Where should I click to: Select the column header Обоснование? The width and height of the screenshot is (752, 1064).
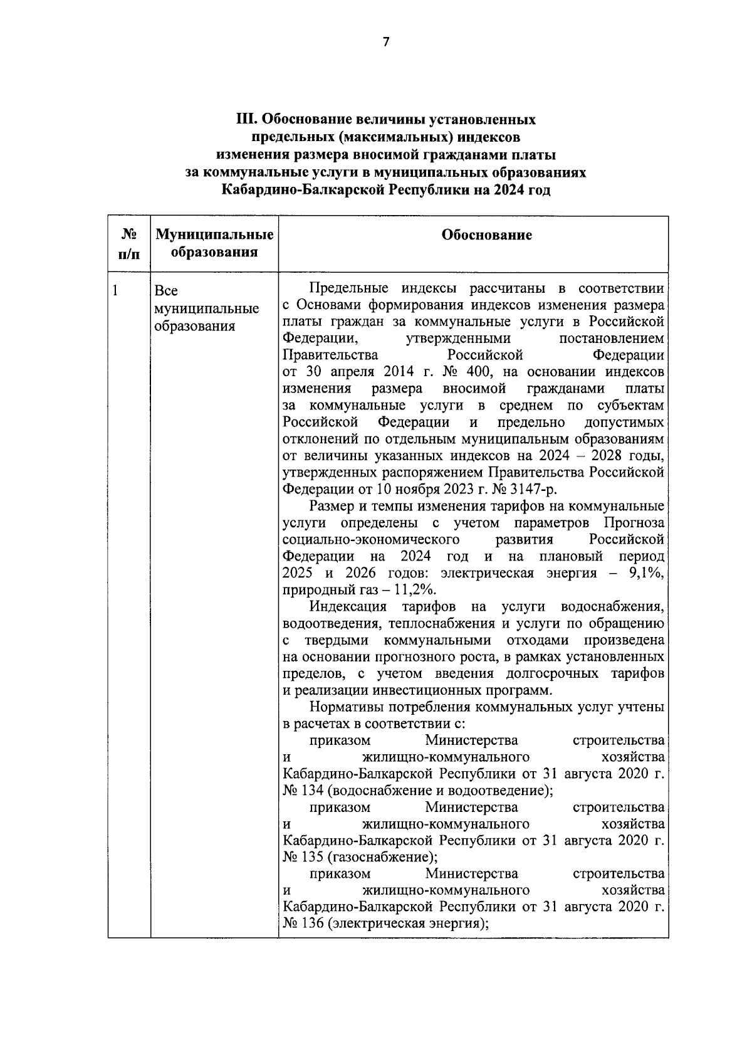(x=487, y=235)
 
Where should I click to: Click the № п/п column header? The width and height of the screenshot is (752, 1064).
(x=128, y=244)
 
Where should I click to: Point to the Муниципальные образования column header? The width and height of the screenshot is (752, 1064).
(x=214, y=244)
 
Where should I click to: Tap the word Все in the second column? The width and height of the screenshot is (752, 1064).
(x=166, y=291)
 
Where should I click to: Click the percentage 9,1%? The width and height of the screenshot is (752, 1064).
(x=644, y=573)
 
